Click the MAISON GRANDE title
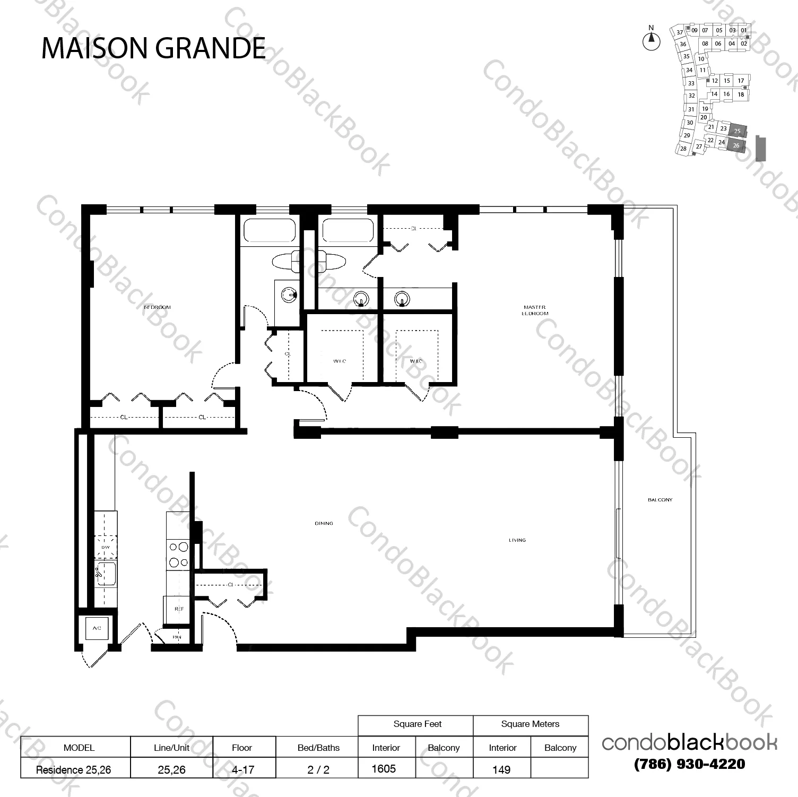pyautogui.click(x=153, y=48)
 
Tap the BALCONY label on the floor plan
pyautogui.click(x=660, y=500)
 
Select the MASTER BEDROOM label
pyautogui.click(x=534, y=310)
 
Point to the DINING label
pyautogui.click(x=324, y=523)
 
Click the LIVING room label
pyautogui.click(x=517, y=540)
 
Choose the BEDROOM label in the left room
pyautogui.click(x=158, y=307)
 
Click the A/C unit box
pyautogui.click(x=97, y=628)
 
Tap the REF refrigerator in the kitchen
pyautogui.click(x=179, y=609)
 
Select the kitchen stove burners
pyautogui.click(x=178, y=555)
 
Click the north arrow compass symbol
pyautogui.click(x=652, y=40)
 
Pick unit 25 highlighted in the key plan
pyautogui.click(x=737, y=131)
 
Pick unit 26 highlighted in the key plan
pyautogui.click(x=736, y=145)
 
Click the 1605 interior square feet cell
pyautogui.click(x=384, y=768)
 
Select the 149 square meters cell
pyautogui.click(x=501, y=769)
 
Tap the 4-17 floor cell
pyautogui.click(x=242, y=769)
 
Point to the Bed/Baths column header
pyautogui.click(x=318, y=748)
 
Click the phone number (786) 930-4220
pyautogui.click(x=689, y=764)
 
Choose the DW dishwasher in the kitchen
pyautogui.click(x=105, y=547)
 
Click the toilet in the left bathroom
pyautogui.click(x=286, y=261)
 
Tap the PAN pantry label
pyautogui.click(x=177, y=637)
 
